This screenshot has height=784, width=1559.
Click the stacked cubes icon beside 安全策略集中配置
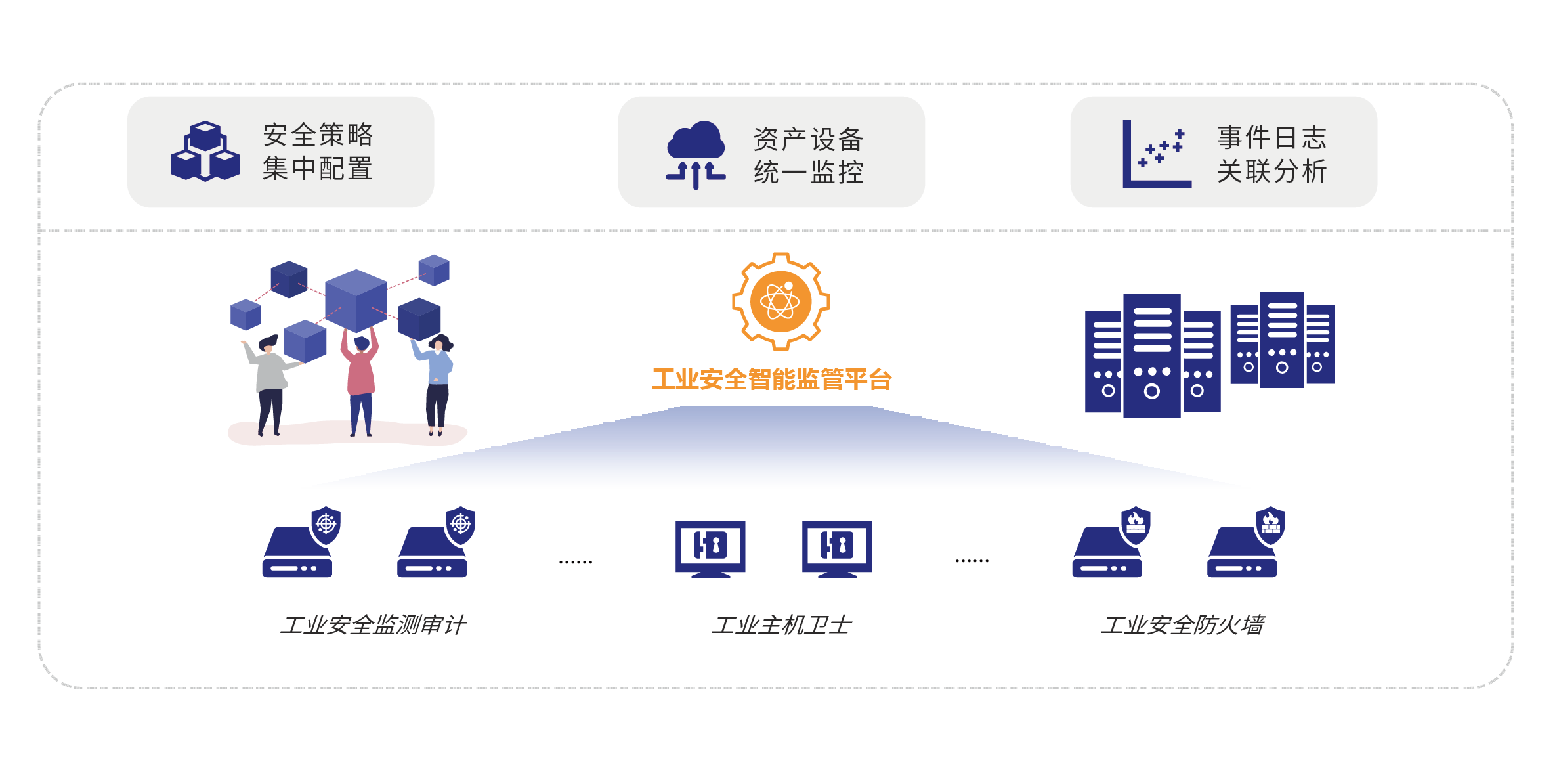coord(205,152)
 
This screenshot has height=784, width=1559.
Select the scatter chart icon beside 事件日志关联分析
coord(1156,154)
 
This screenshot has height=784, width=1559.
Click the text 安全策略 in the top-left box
coord(318,135)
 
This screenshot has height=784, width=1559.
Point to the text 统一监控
coord(808,173)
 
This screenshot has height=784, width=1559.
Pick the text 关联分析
coord(1271,171)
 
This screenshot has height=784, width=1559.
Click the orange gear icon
coord(780,301)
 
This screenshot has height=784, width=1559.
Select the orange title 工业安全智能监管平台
coord(771,380)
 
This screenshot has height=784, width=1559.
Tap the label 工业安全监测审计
coord(374,624)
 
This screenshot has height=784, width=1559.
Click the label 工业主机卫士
coord(781,624)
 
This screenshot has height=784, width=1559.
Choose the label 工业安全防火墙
coord(1182,624)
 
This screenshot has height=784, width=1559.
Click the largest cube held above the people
coord(356,300)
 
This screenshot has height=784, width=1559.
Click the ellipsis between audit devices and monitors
coord(576,562)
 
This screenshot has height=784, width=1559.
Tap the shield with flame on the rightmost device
coord(1270,524)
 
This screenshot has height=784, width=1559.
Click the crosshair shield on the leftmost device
coord(326,524)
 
